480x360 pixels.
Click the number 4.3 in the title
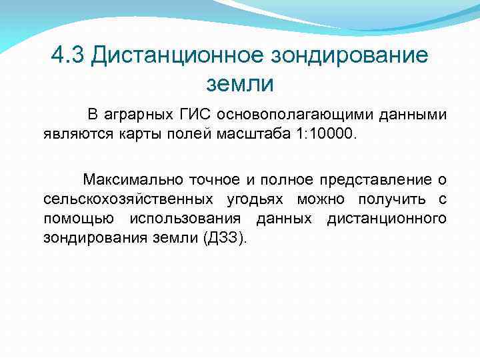[x=69, y=56]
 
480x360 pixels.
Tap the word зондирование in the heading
[x=349, y=56]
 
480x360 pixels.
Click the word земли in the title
[x=240, y=85]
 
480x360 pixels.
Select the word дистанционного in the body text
[x=386, y=219]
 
